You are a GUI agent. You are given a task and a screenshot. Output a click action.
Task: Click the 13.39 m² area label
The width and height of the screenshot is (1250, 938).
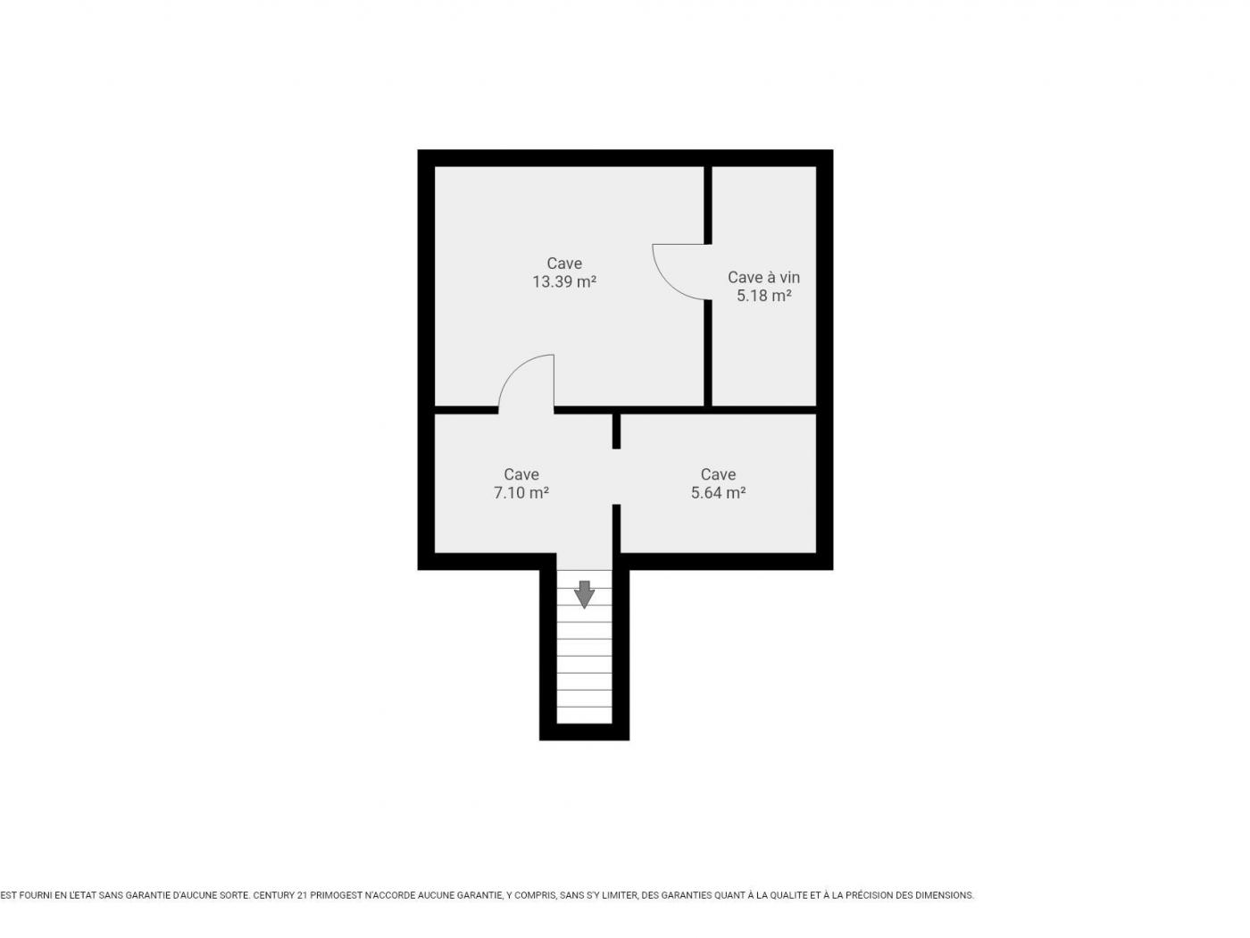click(563, 282)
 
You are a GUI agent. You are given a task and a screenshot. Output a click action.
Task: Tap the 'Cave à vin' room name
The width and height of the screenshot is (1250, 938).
click(763, 277)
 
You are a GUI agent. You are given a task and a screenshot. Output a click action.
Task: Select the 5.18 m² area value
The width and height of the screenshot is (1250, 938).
click(763, 296)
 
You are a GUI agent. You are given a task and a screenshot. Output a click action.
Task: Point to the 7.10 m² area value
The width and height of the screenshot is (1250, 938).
click(521, 492)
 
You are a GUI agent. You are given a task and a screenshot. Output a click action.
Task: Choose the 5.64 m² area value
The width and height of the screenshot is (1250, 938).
click(718, 492)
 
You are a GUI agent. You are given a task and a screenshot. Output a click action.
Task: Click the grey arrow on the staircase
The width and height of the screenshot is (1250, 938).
click(584, 594)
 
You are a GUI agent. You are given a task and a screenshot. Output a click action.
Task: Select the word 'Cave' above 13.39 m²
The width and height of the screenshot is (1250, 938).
click(564, 264)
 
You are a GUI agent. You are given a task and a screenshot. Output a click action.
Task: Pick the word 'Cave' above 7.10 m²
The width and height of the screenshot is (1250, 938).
click(521, 474)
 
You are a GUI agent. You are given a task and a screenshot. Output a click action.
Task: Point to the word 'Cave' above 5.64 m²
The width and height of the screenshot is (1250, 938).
click(718, 474)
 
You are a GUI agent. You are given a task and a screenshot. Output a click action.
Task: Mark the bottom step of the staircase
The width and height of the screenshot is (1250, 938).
click(584, 715)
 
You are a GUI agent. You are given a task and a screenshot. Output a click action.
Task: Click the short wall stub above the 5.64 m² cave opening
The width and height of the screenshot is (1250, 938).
click(616, 431)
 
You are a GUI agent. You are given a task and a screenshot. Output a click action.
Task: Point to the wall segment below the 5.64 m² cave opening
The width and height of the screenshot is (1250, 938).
click(616, 529)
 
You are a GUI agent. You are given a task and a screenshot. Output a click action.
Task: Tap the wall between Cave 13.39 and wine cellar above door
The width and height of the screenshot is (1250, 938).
click(708, 205)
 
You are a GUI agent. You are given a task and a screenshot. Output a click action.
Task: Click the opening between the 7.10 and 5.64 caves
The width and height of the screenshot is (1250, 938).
click(616, 477)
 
